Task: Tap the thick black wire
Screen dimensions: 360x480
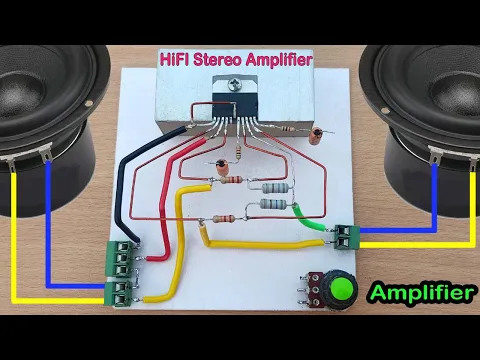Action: tap(128, 195)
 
